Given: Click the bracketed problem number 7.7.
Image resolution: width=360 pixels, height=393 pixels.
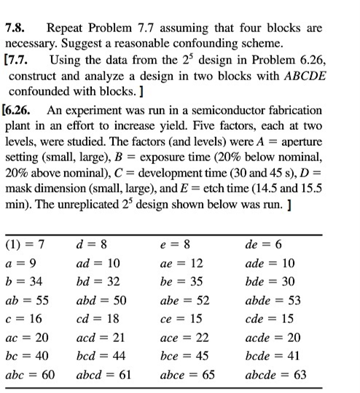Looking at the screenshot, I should click(19, 61).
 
